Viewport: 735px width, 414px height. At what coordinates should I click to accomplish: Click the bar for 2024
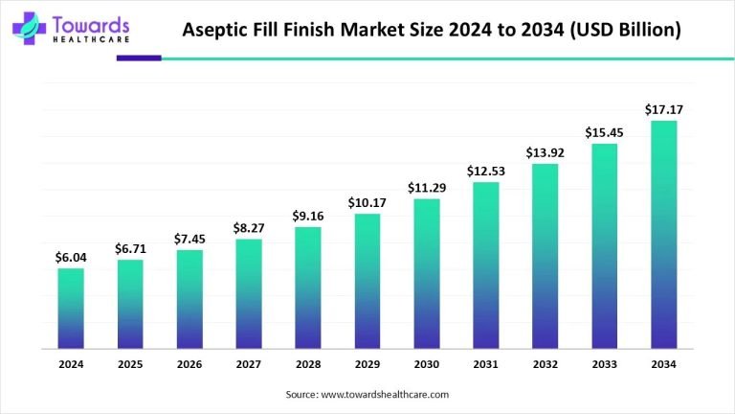pyautogui.click(x=71, y=308)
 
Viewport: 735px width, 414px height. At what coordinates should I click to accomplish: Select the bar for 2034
pyautogui.click(x=663, y=234)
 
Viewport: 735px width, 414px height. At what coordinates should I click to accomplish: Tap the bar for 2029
pyautogui.click(x=367, y=280)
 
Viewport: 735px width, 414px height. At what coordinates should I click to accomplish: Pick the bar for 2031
pyautogui.click(x=486, y=264)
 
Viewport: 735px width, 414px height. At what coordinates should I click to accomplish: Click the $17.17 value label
pyautogui.click(x=663, y=110)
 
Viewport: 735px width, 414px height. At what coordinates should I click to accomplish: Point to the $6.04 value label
pyautogui.click(x=71, y=258)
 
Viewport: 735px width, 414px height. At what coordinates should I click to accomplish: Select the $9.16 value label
pyautogui.click(x=308, y=216)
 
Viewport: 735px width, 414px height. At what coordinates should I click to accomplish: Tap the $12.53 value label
pyautogui.click(x=486, y=172)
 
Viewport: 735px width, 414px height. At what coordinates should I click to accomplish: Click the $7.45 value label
pyautogui.click(x=189, y=239)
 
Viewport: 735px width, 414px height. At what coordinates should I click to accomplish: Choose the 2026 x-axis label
pyautogui.click(x=189, y=364)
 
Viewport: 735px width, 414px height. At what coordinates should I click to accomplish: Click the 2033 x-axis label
pyautogui.click(x=604, y=364)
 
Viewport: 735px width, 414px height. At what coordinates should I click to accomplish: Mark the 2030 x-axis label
pyautogui.click(x=427, y=364)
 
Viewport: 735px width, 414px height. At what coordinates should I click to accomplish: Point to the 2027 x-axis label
pyautogui.click(x=249, y=364)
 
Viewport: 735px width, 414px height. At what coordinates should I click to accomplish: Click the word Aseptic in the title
pyautogui.click(x=217, y=31)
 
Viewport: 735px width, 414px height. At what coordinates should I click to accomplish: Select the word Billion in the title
pyautogui.click(x=643, y=31)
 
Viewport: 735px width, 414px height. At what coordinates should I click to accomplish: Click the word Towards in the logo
pyautogui.click(x=92, y=22)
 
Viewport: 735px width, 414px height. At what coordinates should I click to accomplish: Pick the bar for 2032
pyautogui.click(x=545, y=256)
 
